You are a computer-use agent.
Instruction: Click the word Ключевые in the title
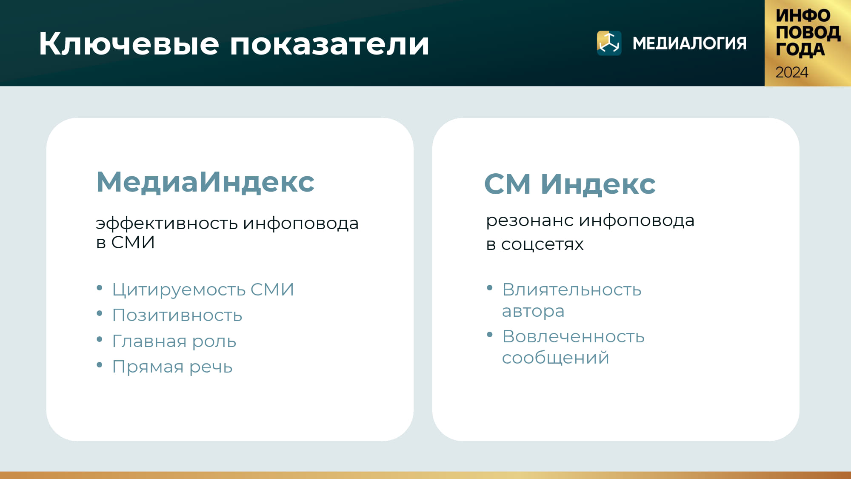[129, 43]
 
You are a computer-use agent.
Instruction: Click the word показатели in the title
[330, 44]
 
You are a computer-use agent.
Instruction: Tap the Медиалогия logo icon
[609, 43]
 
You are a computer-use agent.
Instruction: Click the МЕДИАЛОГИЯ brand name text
[689, 43]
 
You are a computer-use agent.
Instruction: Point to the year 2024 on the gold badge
[791, 72]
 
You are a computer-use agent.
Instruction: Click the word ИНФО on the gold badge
[803, 16]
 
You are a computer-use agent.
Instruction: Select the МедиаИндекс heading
[205, 182]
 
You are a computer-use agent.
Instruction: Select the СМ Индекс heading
[570, 184]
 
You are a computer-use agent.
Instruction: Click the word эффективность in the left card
[167, 224]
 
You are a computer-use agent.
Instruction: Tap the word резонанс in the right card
[530, 221]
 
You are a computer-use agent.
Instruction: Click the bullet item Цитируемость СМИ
[203, 290]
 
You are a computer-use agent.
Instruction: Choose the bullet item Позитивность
[177, 316]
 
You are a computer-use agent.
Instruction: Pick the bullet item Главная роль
[174, 341]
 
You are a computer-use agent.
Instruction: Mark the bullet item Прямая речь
[172, 367]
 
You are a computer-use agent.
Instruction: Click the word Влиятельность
[571, 290]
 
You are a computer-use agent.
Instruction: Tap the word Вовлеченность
[573, 336]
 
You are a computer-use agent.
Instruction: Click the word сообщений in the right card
[555, 358]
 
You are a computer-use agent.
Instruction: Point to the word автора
[533, 311]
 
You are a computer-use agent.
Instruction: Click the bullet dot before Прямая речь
[100, 365]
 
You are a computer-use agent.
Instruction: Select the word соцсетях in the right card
[542, 245]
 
